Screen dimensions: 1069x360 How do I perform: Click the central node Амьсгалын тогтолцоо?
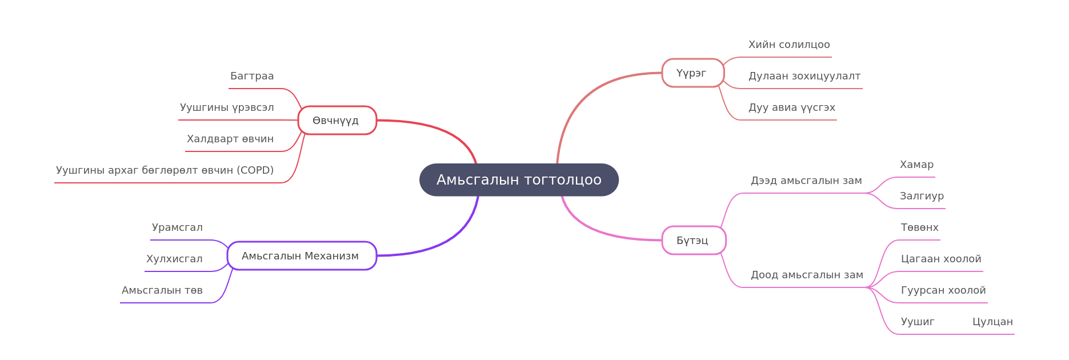tap(519, 180)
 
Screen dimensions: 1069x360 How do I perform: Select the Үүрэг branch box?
tap(693, 73)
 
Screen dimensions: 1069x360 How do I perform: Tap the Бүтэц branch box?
tap(694, 241)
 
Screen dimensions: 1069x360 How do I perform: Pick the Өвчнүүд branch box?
tap(337, 121)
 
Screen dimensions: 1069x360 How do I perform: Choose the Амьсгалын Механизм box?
tap(302, 256)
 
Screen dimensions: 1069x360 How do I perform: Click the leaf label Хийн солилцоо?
tap(789, 45)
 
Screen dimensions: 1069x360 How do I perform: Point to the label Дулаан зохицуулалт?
tap(804, 76)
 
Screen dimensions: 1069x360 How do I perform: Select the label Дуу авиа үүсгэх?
tap(792, 107)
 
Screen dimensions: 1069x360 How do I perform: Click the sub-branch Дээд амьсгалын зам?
tap(806, 181)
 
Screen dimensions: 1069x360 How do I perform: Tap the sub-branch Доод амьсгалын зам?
tap(807, 275)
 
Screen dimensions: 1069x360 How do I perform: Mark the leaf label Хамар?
tap(916, 165)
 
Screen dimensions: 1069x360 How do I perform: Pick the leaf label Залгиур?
tap(922, 196)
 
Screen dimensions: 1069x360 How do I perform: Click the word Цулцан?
tap(992, 322)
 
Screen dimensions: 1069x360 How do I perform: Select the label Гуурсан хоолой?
tap(943, 290)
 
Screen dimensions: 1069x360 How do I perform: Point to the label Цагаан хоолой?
tap(941, 259)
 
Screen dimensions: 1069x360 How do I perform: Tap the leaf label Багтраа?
tap(252, 76)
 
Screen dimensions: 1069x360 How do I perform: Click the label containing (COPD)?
tap(165, 170)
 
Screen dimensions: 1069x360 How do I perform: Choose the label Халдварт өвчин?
tap(230, 139)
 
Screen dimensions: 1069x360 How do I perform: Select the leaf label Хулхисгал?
tap(174, 259)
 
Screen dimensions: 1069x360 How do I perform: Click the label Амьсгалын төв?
tap(162, 290)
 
